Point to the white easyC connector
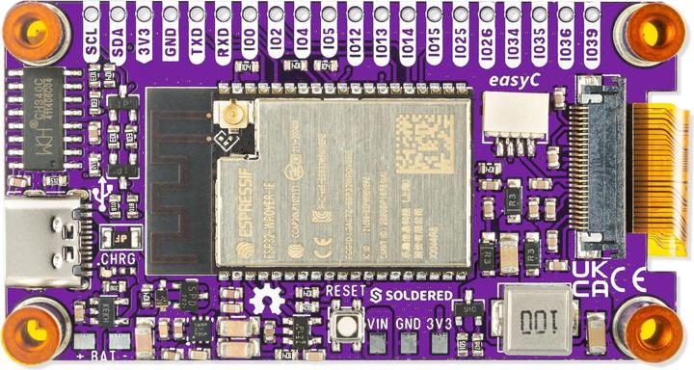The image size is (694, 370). tap(512, 125)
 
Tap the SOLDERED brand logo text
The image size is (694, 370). tap(412, 293)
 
